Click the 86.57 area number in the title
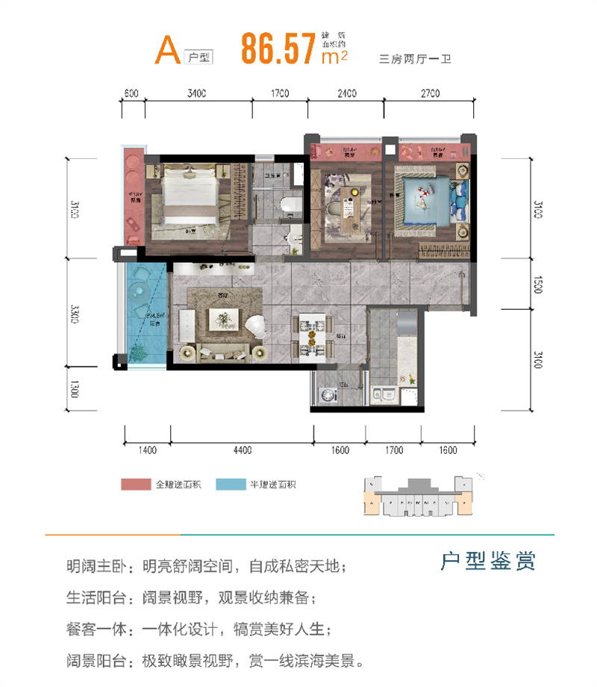(x=275, y=48)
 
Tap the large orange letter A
(x=167, y=49)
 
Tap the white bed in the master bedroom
(x=190, y=195)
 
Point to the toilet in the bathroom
(x=285, y=205)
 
